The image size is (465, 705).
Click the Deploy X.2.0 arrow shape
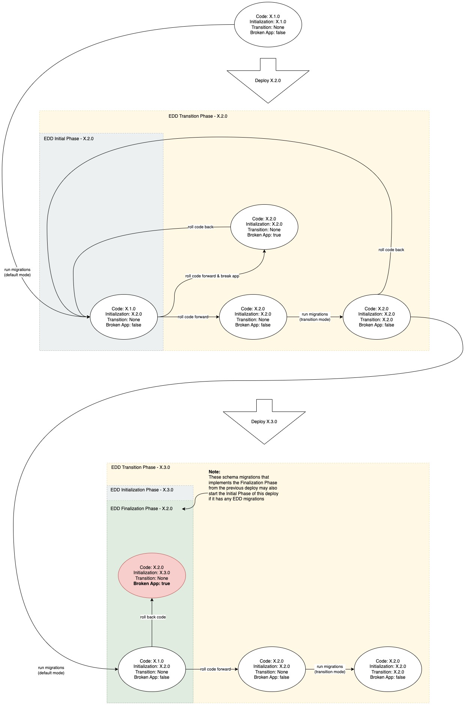click(268, 81)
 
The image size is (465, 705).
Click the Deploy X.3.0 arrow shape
click(264, 422)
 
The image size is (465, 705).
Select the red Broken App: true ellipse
click(152, 575)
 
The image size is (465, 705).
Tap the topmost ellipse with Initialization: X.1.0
click(268, 25)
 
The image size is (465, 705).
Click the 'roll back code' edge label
click(153, 617)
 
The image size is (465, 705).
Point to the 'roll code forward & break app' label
click(212, 276)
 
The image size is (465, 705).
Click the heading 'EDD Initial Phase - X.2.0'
click(69, 139)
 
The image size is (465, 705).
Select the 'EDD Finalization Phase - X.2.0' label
click(142, 509)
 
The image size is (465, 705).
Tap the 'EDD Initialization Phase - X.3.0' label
click(142, 490)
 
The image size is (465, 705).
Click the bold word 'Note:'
click(214, 472)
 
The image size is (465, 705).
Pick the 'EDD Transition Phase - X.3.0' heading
click(141, 467)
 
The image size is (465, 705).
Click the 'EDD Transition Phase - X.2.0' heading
click(198, 116)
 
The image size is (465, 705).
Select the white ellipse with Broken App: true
click(264, 227)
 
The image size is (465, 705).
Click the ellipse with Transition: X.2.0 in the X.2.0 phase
click(377, 317)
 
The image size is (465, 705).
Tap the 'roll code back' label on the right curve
click(391, 250)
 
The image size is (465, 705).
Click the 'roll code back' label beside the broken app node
click(200, 227)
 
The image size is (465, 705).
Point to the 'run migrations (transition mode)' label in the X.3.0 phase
click(330, 669)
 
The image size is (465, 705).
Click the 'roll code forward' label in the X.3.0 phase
click(215, 669)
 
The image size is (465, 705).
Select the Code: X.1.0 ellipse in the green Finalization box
click(152, 669)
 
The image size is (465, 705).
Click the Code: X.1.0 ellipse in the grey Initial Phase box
click(124, 317)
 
